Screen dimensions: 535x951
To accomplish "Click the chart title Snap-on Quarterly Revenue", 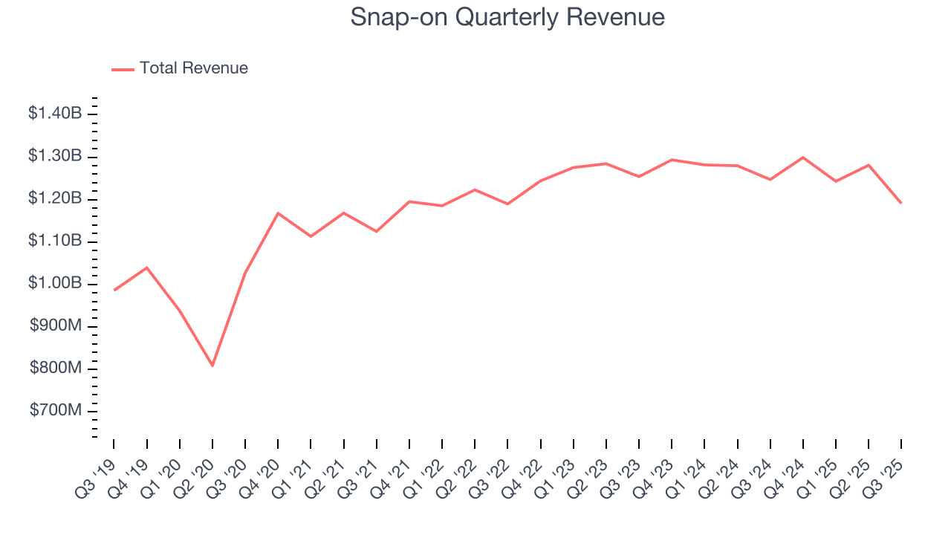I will pos(507,17).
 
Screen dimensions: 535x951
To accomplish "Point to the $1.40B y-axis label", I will pos(55,114).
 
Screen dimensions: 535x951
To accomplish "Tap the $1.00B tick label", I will pos(55,284).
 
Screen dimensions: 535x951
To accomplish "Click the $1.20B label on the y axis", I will pos(55,199).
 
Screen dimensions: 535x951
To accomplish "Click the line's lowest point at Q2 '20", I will pos(212,366).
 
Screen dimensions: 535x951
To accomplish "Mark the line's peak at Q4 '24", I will pos(803,158).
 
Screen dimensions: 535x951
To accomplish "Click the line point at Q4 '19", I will pos(146,267).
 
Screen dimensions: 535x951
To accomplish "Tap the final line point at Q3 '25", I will pos(901,203).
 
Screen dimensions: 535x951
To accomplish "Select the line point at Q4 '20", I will pos(278,213).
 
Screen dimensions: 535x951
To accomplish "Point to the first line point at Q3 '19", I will pos(114,290).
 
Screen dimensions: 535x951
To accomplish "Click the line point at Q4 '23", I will pos(672,160).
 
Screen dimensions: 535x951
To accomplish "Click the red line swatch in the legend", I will pos(123,69).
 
